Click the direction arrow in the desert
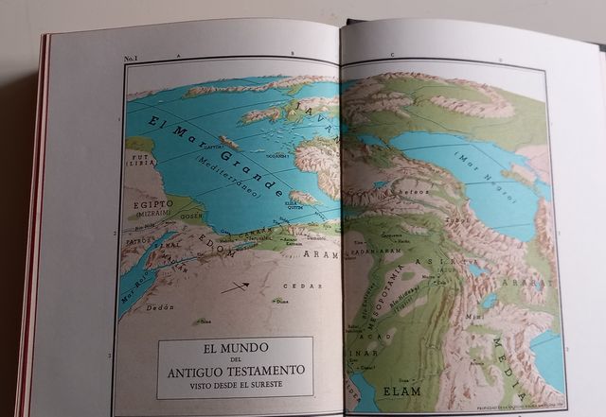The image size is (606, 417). [x=235, y=287]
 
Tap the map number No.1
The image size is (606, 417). [x=132, y=59]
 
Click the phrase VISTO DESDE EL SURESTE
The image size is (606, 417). [x=236, y=387]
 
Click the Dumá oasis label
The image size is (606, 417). [x=280, y=302]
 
